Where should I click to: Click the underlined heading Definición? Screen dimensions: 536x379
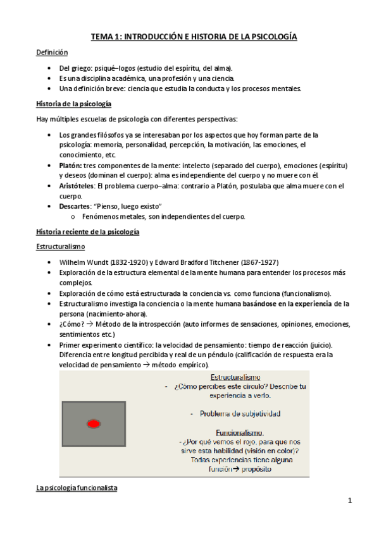51,52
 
